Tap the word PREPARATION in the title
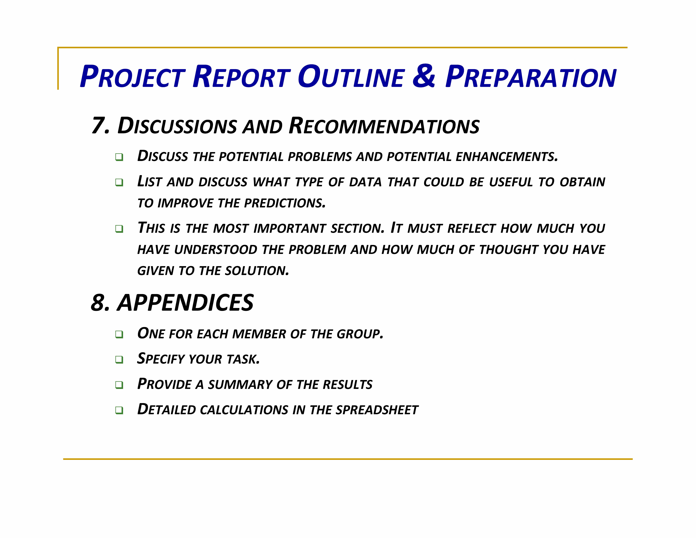point(531,77)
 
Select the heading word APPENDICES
point(186,303)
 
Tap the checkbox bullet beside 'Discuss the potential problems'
point(119,157)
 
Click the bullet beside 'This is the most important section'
point(119,229)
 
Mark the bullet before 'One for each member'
point(119,334)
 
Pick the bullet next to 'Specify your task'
point(119,359)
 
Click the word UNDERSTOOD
point(216,250)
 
